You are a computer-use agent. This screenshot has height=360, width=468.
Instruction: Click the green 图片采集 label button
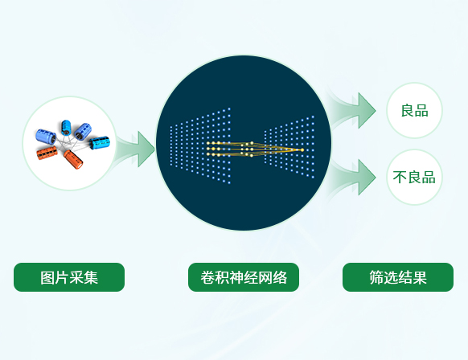pos(69,277)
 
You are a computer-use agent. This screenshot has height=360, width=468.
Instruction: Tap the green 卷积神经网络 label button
pos(244,277)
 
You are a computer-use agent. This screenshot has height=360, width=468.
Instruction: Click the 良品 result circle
pos(414,110)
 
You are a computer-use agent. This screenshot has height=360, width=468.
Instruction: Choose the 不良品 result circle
pos(414,177)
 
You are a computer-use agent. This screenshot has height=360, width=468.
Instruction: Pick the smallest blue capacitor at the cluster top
pos(65,128)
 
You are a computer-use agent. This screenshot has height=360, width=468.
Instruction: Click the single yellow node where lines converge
pos(302,149)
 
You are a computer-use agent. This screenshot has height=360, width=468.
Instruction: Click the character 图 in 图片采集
pos(47,278)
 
